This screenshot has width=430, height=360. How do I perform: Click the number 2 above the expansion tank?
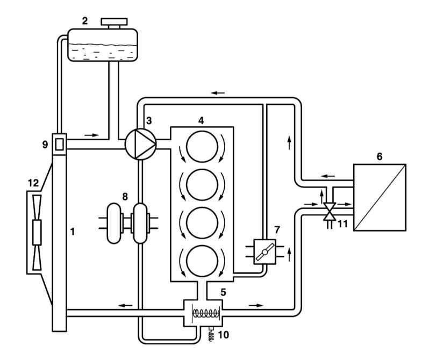[x=85, y=21]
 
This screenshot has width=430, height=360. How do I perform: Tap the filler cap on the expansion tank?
[x=114, y=23]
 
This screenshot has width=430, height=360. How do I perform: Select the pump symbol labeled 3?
[x=140, y=144]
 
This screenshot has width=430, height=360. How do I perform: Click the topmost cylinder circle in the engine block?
[x=202, y=146]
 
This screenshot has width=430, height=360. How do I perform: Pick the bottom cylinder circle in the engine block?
[x=202, y=261]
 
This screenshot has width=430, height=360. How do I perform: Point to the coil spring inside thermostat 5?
[x=206, y=313]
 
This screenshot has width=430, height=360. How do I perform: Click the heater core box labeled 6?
[x=379, y=197]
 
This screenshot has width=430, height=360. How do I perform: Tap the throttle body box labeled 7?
[x=264, y=251]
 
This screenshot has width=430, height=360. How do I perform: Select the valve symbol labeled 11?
[x=329, y=211]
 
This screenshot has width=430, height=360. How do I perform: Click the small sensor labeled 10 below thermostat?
[x=211, y=334]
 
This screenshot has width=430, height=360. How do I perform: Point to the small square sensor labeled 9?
[x=59, y=144]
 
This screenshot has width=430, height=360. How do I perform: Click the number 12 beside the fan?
[x=33, y=183]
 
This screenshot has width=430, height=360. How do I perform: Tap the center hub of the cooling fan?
[x=37, y=232]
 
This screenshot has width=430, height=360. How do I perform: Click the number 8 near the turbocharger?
[x=125, y=196]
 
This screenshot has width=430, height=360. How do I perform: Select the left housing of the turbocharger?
[x=113, y=223]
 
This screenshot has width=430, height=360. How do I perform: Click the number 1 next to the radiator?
[x=73, y=232]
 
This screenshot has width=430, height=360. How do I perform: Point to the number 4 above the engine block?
[x=201, y=120]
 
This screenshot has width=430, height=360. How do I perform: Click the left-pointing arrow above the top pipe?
[x=218, y=93]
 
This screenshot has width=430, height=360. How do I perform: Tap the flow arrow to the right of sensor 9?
[x=91, y=135]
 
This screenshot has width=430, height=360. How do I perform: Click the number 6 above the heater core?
[x=379, y=156]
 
